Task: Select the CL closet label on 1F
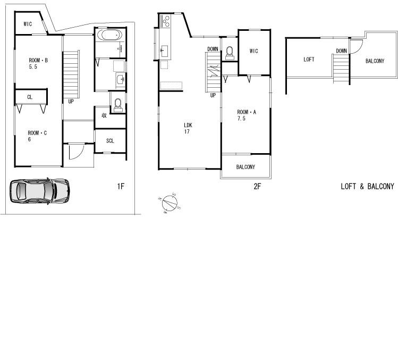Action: pyautogui.click(x=30, y=97)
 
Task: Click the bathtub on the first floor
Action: pyautogui.click(x=110, y=36)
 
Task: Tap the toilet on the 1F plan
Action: pyautogui.click(x=118, y=105)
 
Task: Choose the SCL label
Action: pyautogui.click(x=110, y=141)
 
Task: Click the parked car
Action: pyautogui.click(x=39, y=190)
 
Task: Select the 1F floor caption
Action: pyautogui.click(x=121, y=186)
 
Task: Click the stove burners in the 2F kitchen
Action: pyautogui.click(x=165, y=22)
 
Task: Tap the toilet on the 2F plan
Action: pyautogui.click(x=229, y=52)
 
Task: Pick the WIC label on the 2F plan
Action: pyautogui.click(x=253, y=51)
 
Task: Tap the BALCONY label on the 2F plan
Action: pyautogui.click(x=245, y=167)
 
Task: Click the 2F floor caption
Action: pyautogui.click(x=258, y=186)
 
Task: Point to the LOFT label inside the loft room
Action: pyautogui.click(x=309, y=60)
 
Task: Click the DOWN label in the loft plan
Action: pyautogui.click(x=341, y=51)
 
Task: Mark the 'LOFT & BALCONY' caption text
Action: pyautogui.click(x=367, y=186)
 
